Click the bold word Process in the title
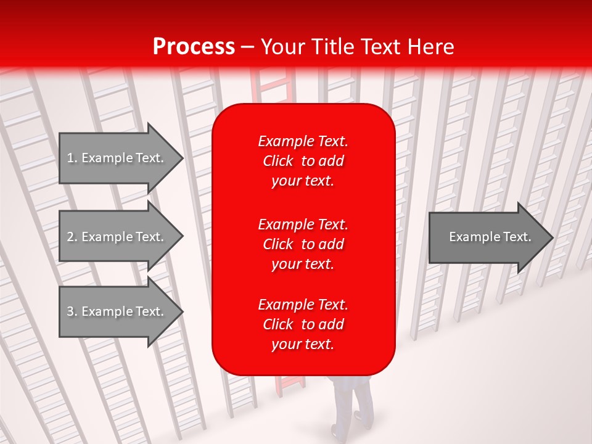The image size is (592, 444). (194, 46)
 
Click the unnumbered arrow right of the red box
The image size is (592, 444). (487, 237)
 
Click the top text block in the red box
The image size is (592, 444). (303, 160)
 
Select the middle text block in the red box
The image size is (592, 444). (303, 244)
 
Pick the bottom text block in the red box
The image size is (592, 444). (303, 324)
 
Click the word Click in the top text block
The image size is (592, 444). (278, 161)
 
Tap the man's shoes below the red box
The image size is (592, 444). (349, 430)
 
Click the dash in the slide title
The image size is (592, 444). (248, 47)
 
